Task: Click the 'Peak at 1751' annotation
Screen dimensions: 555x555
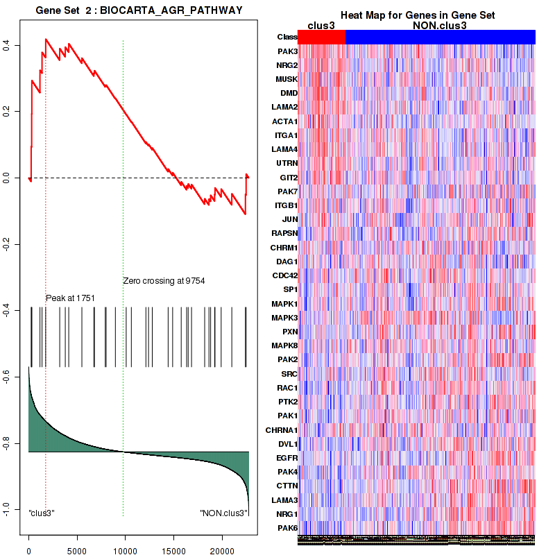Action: (x=70, y=298)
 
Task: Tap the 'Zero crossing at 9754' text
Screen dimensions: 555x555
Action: (x=164, y=281)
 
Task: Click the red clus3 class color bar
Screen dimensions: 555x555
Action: (x=321, y=37)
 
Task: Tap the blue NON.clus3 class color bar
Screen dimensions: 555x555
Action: (x=440, y=37)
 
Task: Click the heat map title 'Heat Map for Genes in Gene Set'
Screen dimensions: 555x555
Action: (x=417, y=15)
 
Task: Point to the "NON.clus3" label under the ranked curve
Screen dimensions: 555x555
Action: (x=223, y=513)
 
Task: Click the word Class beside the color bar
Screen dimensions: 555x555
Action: (x=287, y=37)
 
